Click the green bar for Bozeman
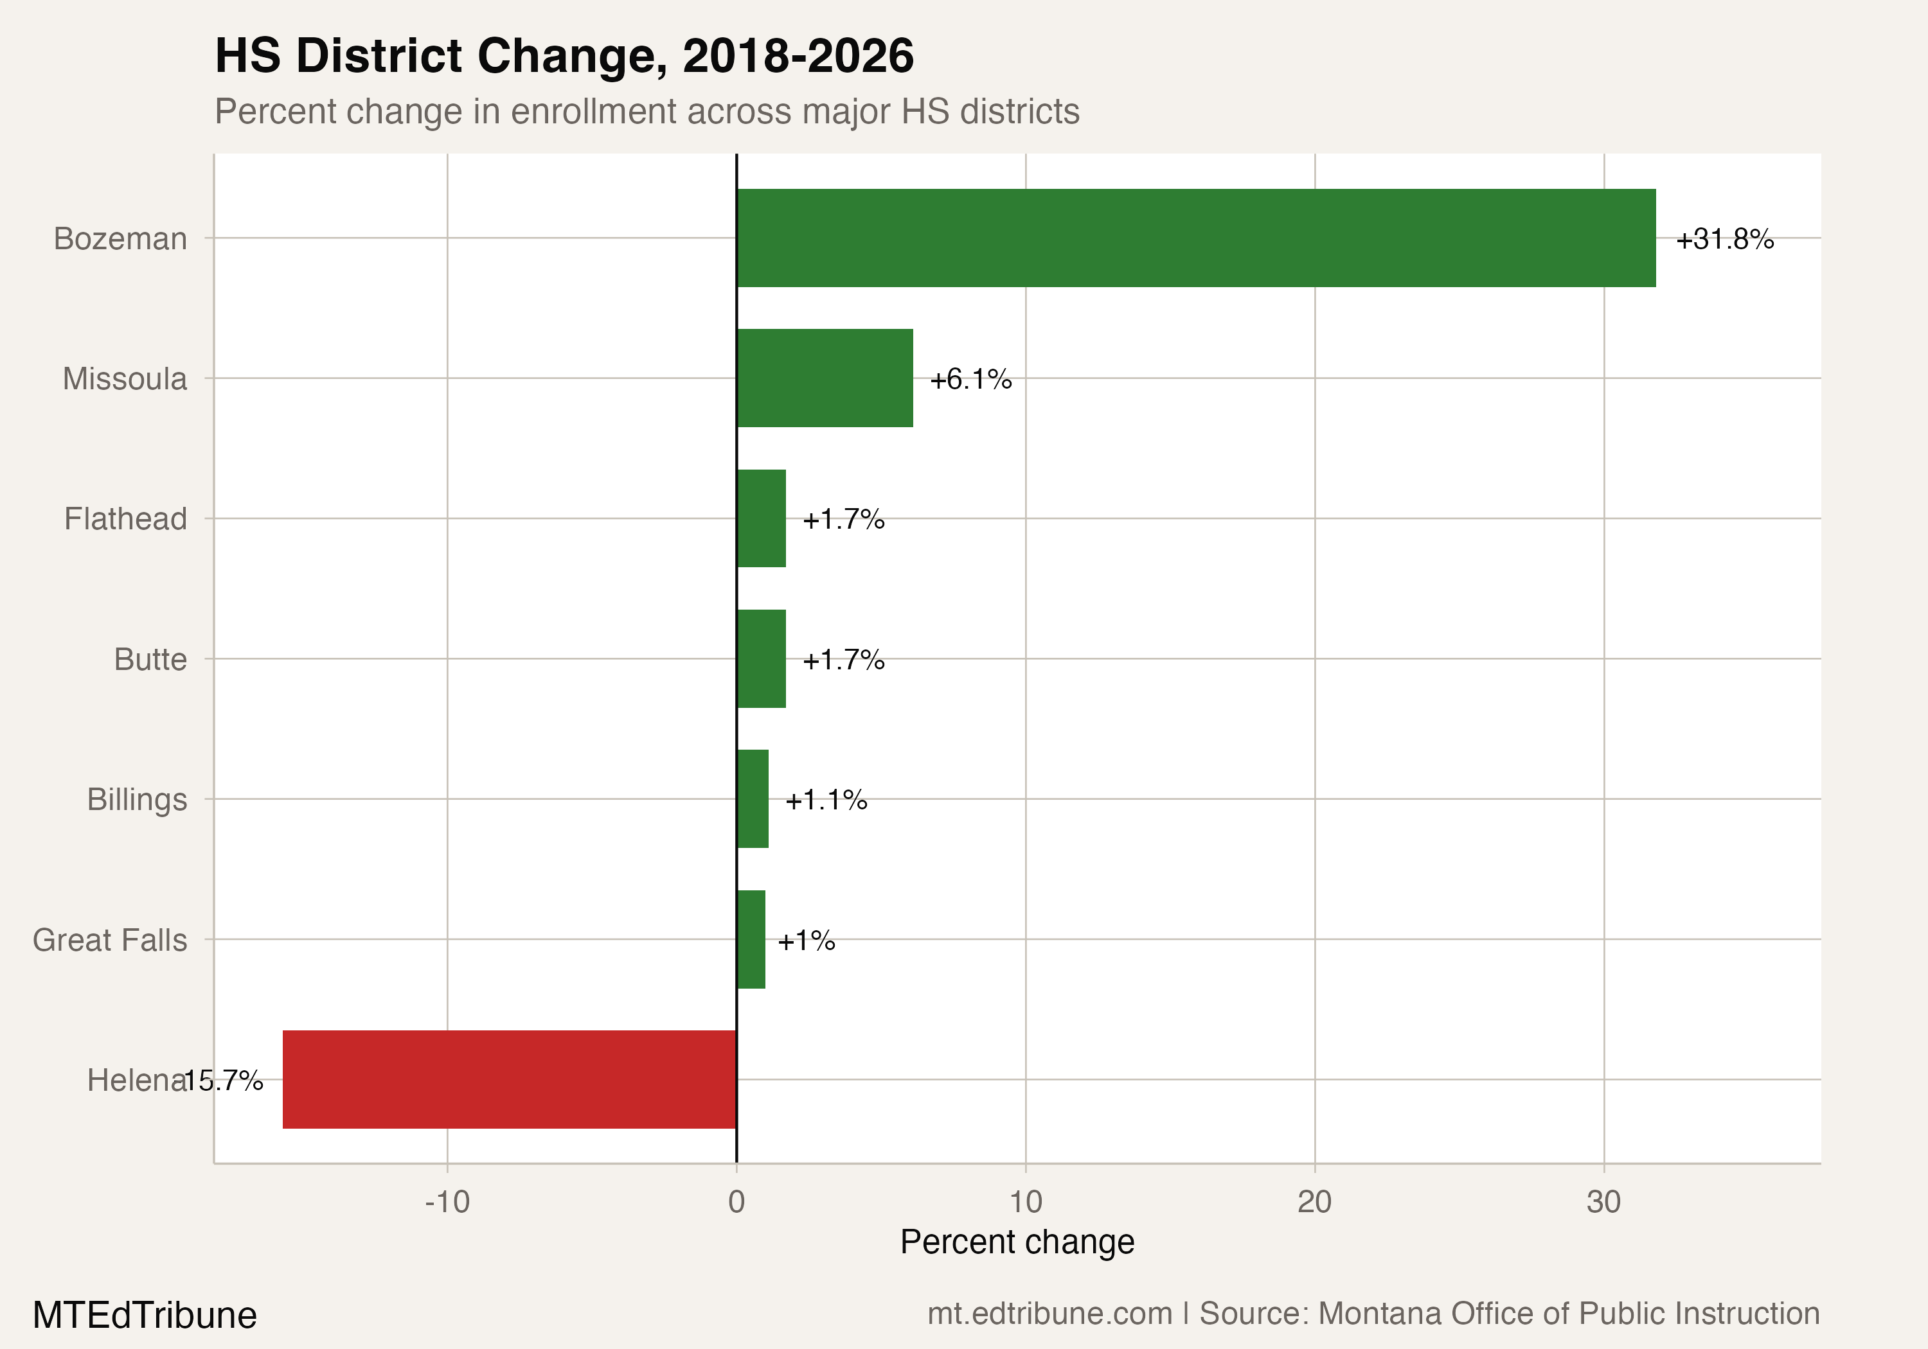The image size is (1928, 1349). [x=1196, y=238]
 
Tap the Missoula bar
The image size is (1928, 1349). [x=825, y=378]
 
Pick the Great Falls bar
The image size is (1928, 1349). [x=751, y=939]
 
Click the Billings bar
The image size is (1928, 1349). [x=753, y=799]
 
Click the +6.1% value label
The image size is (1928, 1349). [x=970, y=380]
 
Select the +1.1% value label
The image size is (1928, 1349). [x=825, y=800]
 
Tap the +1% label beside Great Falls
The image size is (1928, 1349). [x=806, y=940]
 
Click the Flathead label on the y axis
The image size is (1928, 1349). [x=126, y=519]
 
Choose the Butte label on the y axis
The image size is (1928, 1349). [x=150, y=659]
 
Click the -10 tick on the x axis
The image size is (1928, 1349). [x=447, y=1202]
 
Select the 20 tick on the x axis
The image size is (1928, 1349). [x=1314, y=1202]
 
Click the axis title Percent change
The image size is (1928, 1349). [x=1017, y=1242]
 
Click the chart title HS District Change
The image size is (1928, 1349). [x=564, y=57]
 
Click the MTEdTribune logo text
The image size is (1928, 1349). [x=145, y=1314]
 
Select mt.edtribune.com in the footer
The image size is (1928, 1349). [x=1049, y=1314]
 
